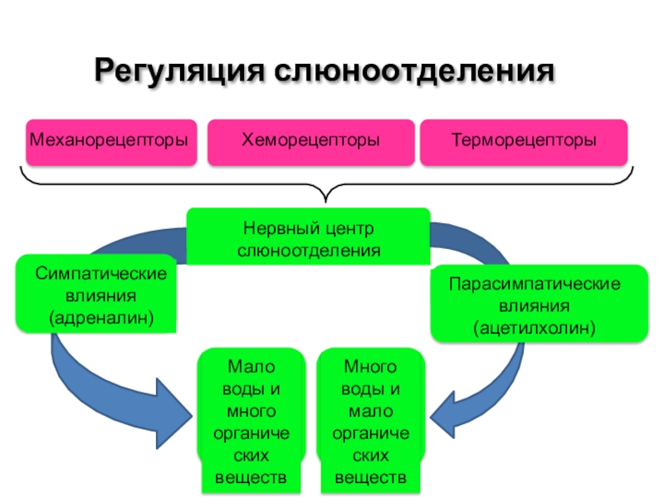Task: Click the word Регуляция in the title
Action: tap(179, 71)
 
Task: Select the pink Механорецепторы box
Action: tap(111, 142)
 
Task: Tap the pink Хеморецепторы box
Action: tap(310, 142)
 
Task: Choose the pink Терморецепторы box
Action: tap(524, 142)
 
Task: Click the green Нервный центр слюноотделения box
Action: tap(308, 237)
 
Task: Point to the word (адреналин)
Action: tap(101, 318)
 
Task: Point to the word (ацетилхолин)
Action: tap(535, 328)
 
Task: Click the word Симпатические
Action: tap(101, 274)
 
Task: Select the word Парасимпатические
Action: tap(535, 284)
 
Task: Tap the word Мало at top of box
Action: tap(251, 367)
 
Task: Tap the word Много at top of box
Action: tap(370, 367)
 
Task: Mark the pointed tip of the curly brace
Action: tap(325, 202)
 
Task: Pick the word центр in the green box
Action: tap(349, 229)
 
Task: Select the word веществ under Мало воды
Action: tap(251, 478)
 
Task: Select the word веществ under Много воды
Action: tap(370, 478)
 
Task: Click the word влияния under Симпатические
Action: tap(100, 296)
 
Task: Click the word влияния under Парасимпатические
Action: tap(534, 306)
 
